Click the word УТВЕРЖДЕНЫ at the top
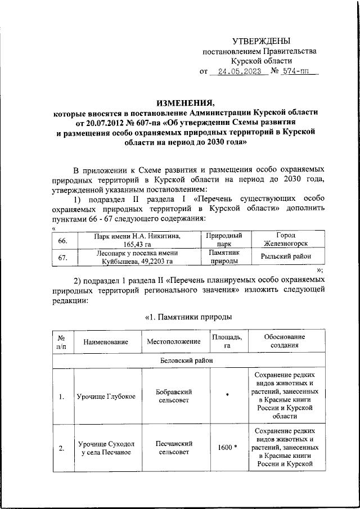(262, 41)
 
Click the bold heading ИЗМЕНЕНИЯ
(185, 102)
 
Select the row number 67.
(64, 258)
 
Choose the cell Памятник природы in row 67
(224, 258)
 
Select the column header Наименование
(105, 341)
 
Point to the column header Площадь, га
(227, 341)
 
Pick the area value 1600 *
(227, 448)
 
